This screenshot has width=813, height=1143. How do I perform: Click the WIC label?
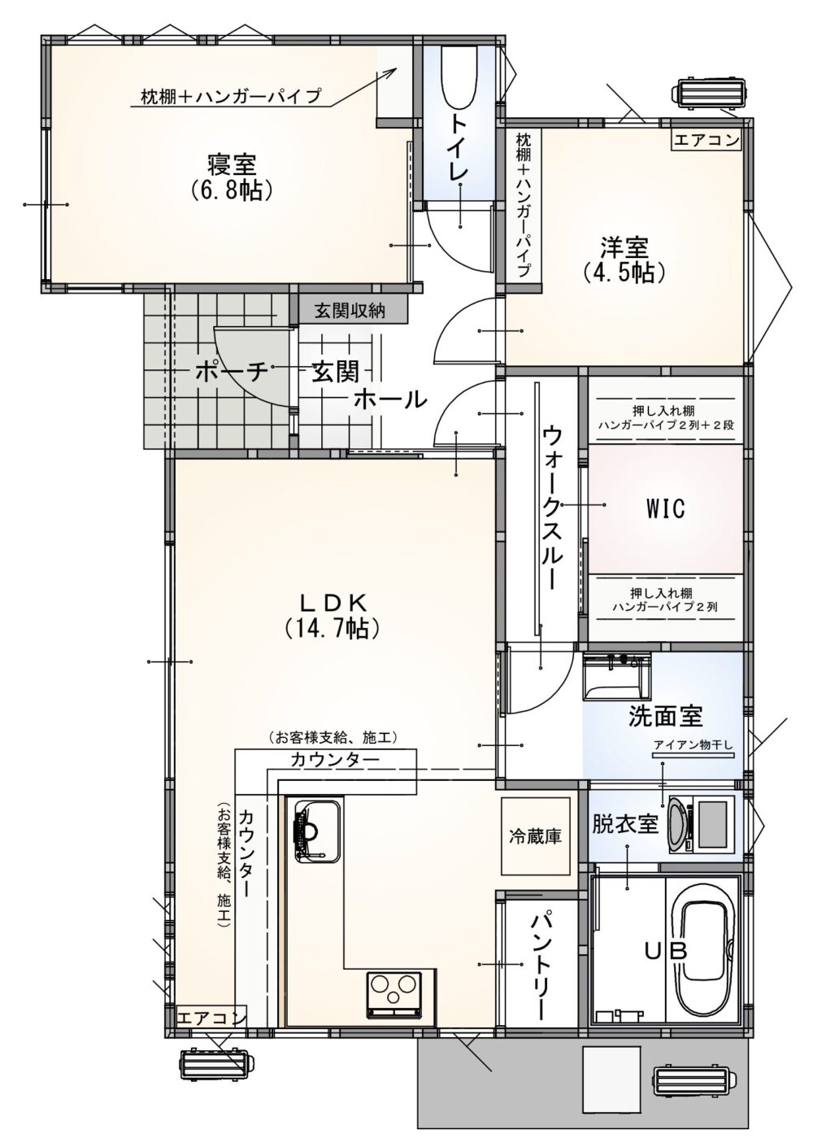(666, 508)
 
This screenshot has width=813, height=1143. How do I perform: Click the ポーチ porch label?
(232, 372)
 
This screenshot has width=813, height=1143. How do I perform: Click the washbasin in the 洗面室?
(616, 676)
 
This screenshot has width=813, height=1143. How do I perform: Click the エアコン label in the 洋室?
(706, 139)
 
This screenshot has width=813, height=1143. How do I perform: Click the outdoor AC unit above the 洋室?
(711, 93)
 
